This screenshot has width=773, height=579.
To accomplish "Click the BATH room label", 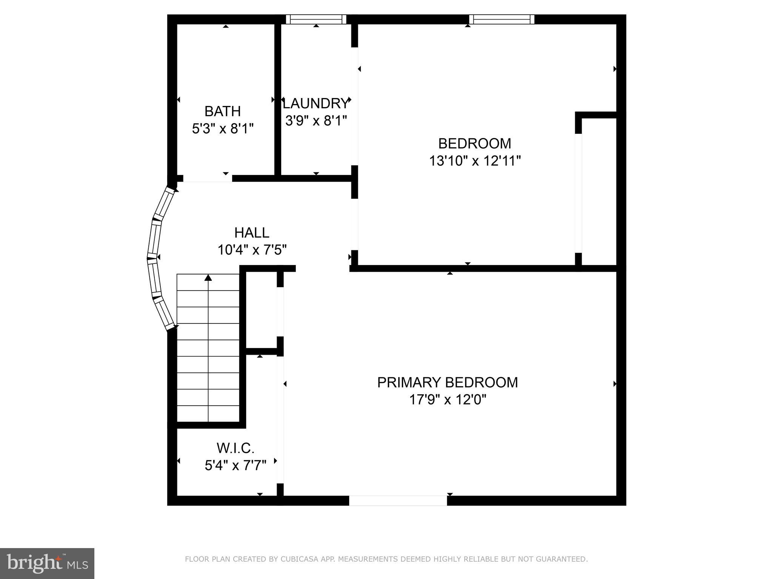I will pos(222,111).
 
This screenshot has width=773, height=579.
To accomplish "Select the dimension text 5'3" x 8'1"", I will pos(222,129).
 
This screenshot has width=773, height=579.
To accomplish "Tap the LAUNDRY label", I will pos(316,103).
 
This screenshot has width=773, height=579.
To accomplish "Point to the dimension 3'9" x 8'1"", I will pos(316,121).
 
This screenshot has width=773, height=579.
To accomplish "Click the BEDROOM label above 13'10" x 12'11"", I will pos(474,143).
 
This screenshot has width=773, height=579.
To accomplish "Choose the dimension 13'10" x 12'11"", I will pos(474,161).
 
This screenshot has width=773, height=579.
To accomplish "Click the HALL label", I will pos(252,233).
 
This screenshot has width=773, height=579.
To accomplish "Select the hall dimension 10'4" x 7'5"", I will pos(252,250).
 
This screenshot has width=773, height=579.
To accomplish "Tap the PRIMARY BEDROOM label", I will pos(447,382).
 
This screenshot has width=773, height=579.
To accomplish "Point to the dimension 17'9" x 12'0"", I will pos(447,400).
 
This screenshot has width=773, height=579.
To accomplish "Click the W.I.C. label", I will pos(236,448).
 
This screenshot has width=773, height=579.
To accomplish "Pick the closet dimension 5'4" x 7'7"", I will pos(236,466).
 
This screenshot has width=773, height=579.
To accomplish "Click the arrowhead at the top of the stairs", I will pos(208,278).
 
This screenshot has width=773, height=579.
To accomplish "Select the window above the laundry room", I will pos(316,19).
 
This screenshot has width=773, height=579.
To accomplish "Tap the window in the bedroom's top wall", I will pos(502,19).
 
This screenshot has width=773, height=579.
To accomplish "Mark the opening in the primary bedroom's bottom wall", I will pos(398,501).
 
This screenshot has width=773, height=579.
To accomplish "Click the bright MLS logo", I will pos(47,563).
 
